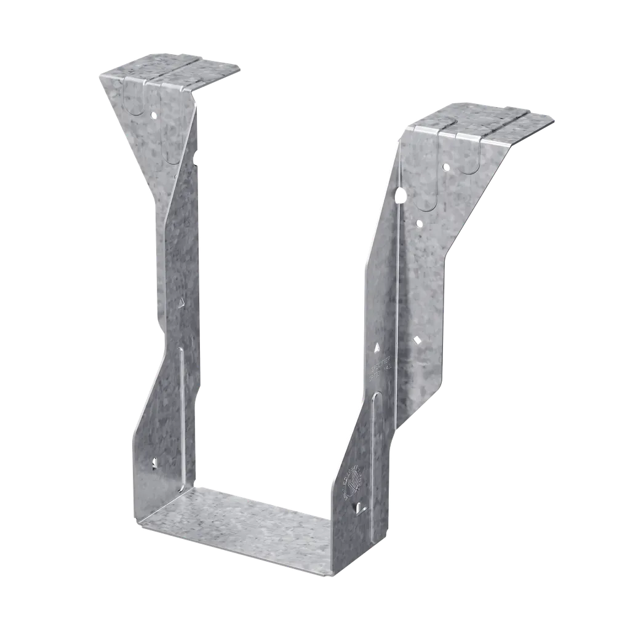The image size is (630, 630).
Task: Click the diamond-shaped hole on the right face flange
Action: coord(417,339)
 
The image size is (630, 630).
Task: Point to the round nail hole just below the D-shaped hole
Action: coord(419,223)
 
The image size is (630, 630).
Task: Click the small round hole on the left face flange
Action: coord(154,114)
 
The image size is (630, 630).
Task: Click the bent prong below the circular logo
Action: coord(359,507)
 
